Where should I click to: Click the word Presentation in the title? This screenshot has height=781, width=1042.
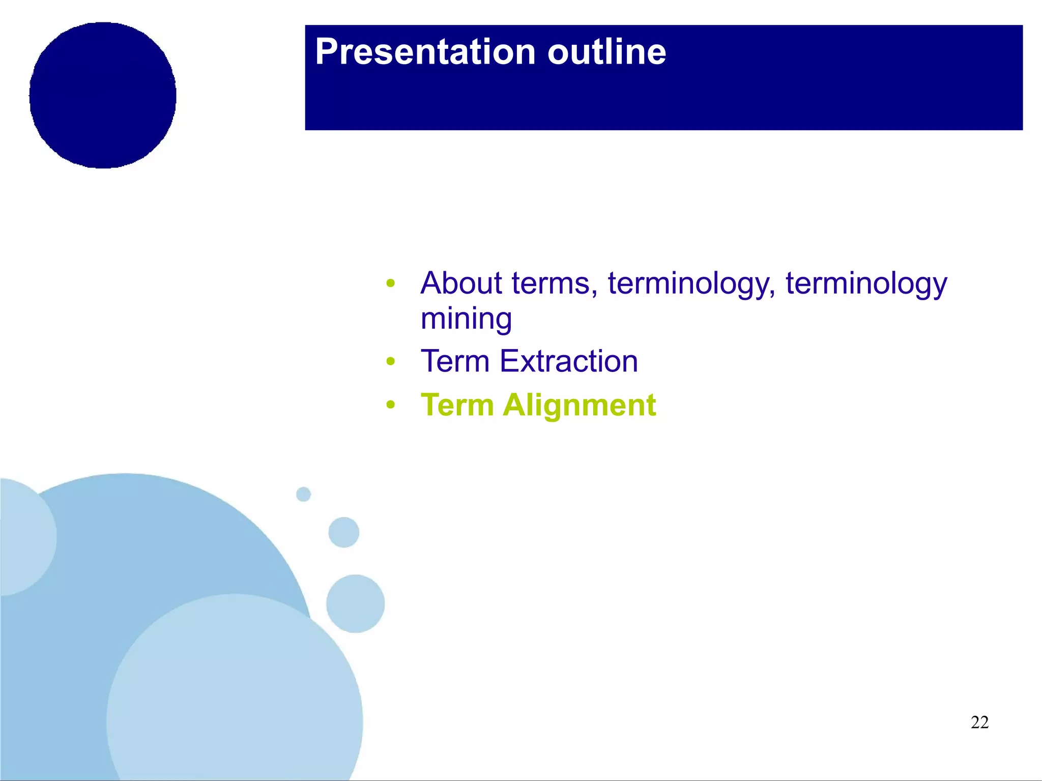pos(425,52)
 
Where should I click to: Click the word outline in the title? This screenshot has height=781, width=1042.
pos(606,52)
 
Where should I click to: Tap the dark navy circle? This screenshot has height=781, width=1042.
pos(103,95)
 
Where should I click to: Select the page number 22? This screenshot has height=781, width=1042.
pos(979,722)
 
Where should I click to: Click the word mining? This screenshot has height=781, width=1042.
pos(466,320)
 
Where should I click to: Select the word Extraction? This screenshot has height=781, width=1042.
pos(568,361)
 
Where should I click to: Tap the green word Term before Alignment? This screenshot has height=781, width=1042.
pos(457,406)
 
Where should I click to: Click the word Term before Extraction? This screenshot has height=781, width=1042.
pos(455,361)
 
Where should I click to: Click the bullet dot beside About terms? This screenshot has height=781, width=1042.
pos(390,283)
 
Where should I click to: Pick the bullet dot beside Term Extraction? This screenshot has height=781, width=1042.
pos(390,362)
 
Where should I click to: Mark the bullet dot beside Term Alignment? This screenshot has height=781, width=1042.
pos(390,406)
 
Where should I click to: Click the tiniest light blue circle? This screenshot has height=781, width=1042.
pos(303,494)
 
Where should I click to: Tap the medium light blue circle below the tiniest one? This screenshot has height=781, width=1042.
pos(343,532)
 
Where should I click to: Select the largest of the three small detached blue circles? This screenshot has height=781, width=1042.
pos(355,603)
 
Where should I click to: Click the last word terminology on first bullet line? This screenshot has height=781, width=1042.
pos(866,284)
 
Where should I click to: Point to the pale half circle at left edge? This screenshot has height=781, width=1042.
pos(23,537)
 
